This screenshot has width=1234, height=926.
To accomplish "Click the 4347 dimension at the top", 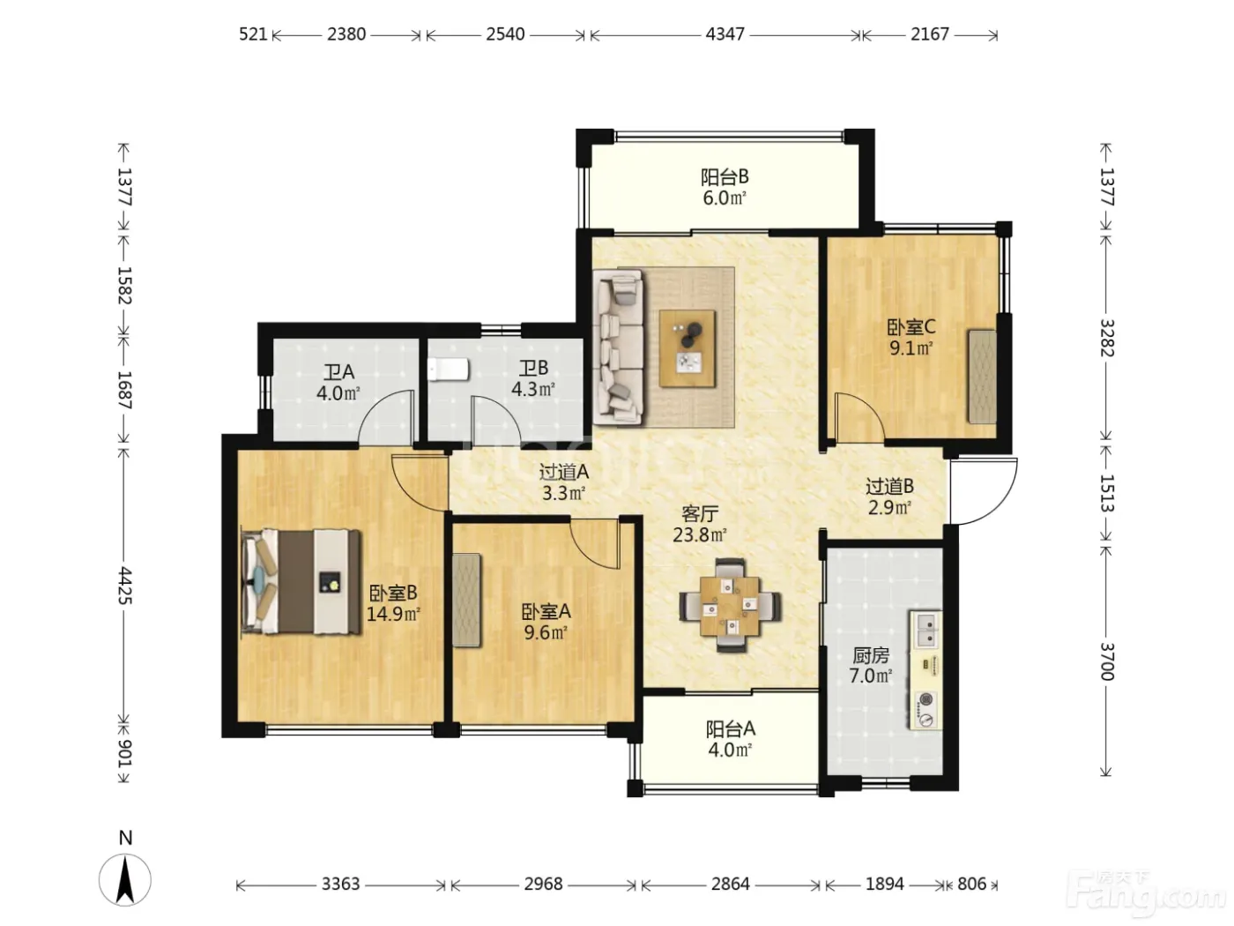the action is [725, 35].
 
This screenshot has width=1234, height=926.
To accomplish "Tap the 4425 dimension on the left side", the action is [124, 586].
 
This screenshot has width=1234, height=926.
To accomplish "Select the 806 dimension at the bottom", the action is [971, 885].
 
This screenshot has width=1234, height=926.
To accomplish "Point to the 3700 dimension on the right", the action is [1106, 661].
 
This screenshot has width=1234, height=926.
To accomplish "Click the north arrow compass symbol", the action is [125, 880].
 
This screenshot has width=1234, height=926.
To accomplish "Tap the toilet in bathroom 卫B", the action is [448, 370].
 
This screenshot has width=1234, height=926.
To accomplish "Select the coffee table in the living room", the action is [687, 348].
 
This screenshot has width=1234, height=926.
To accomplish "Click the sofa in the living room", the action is [619, 347].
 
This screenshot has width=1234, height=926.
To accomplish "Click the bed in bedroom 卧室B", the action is [301, 581].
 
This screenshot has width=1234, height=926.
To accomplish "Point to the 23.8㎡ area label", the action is [700, 534].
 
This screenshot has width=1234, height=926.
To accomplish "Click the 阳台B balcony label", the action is [725, 177].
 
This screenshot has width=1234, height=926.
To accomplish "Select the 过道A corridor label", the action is [564, 473].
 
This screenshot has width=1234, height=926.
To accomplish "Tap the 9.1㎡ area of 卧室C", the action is [911, 348].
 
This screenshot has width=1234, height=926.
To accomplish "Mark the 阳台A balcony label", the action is [731, 729].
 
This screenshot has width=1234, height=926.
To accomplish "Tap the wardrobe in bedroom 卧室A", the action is [466, 600].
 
